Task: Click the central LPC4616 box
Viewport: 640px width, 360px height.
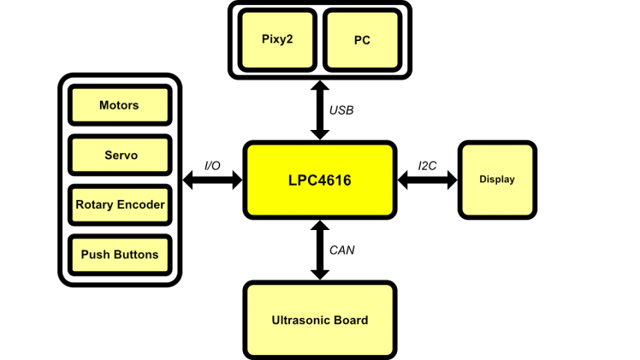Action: [320, 180]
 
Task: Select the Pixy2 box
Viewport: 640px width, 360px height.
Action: [277, 39]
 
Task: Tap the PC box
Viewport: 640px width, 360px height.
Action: [362, 39]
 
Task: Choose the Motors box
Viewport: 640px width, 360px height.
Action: [119, 105]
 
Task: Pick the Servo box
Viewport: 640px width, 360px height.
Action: [119, 156]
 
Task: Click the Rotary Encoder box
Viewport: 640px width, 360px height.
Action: [119, 205]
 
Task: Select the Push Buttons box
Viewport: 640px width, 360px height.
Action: [119, 255]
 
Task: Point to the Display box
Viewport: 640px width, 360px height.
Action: [497, 180]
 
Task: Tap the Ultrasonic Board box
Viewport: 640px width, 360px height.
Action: [320, 320]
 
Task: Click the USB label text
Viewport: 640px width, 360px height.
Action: [341, 110]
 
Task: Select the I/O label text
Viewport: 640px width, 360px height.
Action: [213, 165]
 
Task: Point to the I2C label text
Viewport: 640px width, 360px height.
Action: [427, 165]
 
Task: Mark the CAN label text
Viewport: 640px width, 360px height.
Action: [341, 251]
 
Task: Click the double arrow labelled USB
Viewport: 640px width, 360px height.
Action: [320, 109]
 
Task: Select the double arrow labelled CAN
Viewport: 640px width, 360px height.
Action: [320, 250]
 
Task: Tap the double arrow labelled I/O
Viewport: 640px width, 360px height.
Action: [213, 180]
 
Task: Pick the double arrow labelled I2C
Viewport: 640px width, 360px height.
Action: [427, 180]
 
